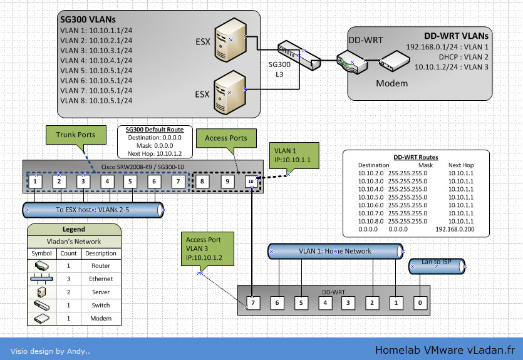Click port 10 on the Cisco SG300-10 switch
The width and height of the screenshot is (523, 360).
click(251, 182)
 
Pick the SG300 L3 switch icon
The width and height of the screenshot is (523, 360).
click(299, 55)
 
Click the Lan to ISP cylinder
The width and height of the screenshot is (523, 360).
click(437, 266)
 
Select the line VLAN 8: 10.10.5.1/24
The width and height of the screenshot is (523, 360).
click(96, 100)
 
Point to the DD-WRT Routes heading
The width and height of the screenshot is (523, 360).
click(415, 157)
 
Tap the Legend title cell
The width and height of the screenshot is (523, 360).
click(74, 230)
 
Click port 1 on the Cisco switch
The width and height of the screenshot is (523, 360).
click(36, 182)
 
